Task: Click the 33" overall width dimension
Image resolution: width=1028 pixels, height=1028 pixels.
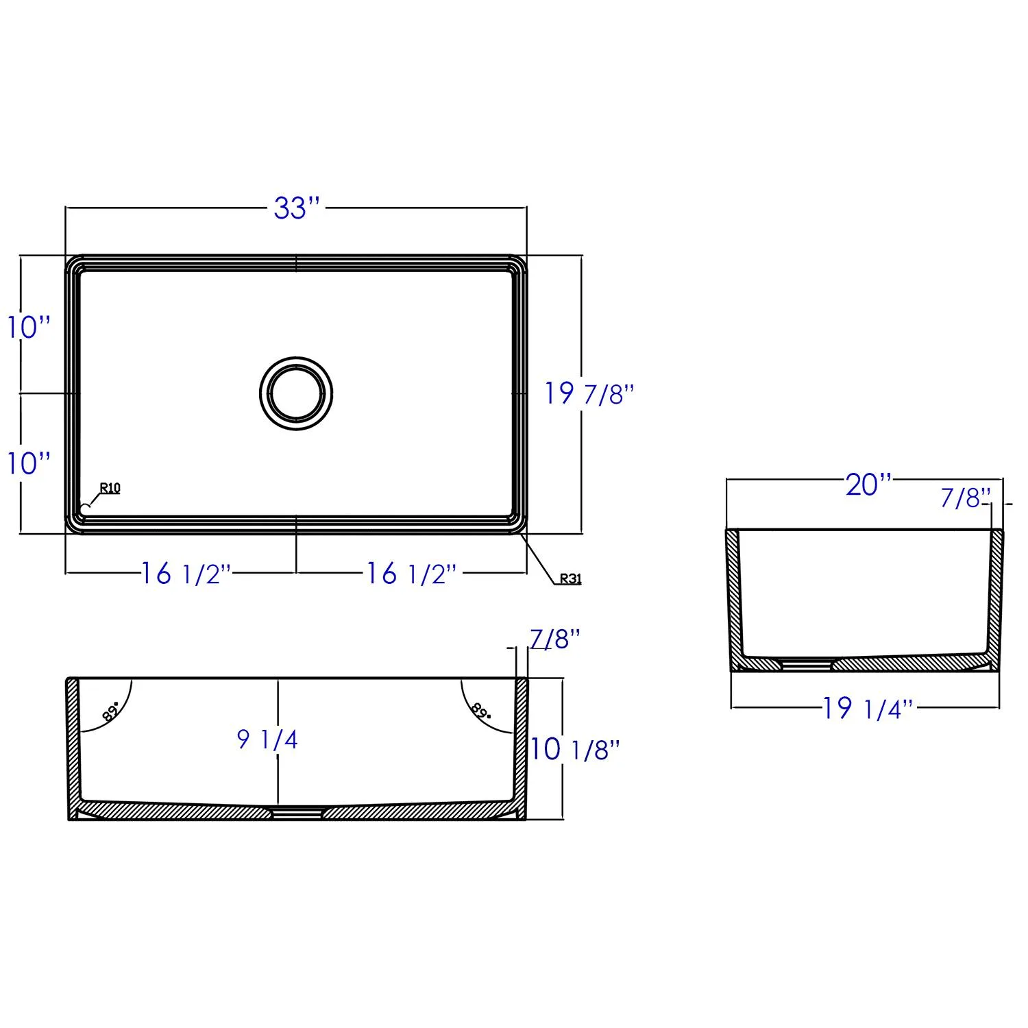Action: [x=297, y=208]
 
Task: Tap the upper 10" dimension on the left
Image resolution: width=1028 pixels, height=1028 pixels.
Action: [x=29, y=327]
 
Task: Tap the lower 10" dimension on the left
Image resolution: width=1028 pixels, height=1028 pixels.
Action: [x=29, y=463]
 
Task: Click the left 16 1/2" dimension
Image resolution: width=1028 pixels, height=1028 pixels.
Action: [x=185, y=574]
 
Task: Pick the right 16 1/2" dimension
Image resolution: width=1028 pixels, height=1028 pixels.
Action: [x=410, y=574]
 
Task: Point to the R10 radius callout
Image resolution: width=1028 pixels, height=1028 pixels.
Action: [x=110, y=488]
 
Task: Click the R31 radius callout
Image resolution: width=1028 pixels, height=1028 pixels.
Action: [x=570, y=578]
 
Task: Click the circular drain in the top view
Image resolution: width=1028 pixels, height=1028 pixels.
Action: [x=296, y=394]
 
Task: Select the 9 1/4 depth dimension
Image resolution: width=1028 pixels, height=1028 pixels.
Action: [x=267, y=739]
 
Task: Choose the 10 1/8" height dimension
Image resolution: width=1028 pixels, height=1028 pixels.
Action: [x=574, y=750]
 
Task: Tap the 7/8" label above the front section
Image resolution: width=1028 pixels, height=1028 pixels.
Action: [x=555, y=639]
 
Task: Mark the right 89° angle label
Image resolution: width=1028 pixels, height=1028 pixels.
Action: [x=481, y=711]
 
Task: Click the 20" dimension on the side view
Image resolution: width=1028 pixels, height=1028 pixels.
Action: [x=868, y=485]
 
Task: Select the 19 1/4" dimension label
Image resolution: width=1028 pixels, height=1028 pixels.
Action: [x=868, y=709]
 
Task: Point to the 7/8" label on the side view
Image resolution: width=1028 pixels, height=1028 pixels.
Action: [x=965, y=498]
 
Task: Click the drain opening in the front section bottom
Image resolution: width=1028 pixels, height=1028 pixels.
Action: [x=297, y=813]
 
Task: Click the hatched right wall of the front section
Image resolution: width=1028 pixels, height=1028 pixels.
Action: [x=522, y=747]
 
